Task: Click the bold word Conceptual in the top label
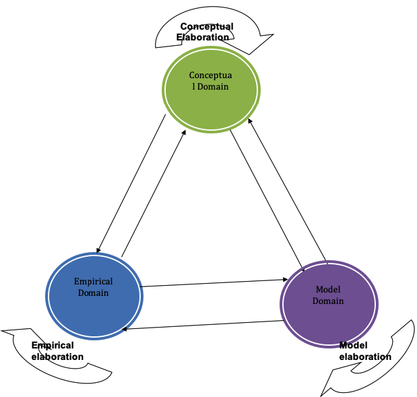tap(207, 27)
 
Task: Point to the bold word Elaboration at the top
tap(203, 37)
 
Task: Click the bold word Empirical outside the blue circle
tap(53, 346)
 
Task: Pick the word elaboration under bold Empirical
tap(57, 357)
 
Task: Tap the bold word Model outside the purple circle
tap(353, 346)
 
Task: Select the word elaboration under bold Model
tap(365, 357)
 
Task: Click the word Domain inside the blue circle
tap(93, 293)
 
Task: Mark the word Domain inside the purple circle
tap(328, 301)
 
